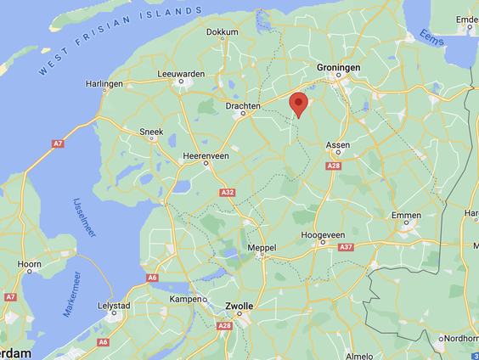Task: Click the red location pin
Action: coord(298,104)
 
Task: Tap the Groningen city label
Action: coord(339,68)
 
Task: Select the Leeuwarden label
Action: coord(182,74)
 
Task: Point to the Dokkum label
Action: coord(223,32)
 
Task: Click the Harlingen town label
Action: coord(105,85)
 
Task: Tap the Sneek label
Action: coord(152,132)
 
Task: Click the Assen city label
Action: coord(338,145)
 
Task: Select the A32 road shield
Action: coord(227,193)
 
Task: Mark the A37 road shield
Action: coord(346,247)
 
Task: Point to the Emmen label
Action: coord(406,216)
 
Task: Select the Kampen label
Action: coord(188,299)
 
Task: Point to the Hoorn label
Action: coord(30,265)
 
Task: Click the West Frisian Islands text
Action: coord(120,40)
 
